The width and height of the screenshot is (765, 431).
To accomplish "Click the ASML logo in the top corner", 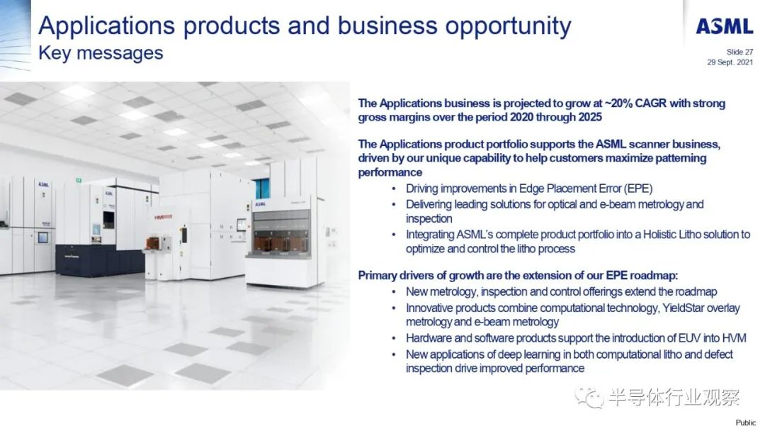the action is (x=725, y=26).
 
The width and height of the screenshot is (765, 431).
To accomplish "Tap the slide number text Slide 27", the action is (x=739, y=52).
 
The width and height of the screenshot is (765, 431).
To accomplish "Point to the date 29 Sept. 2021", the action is (x=730, y=62).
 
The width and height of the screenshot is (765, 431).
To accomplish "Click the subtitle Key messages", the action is (x=101, y=53).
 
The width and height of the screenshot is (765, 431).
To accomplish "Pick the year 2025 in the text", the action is (x=589, y=117).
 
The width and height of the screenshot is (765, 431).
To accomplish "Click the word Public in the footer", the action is (x=745, y=422).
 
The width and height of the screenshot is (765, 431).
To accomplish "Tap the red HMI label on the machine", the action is (x=163, y=217).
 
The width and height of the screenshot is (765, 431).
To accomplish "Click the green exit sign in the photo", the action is (x=78, y=181).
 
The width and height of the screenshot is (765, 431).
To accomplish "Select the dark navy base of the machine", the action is (x=99, y=259).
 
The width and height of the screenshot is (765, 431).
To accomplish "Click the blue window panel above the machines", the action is (x=262, y=189).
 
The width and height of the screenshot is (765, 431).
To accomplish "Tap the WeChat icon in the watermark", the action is (x=589, y=397).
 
